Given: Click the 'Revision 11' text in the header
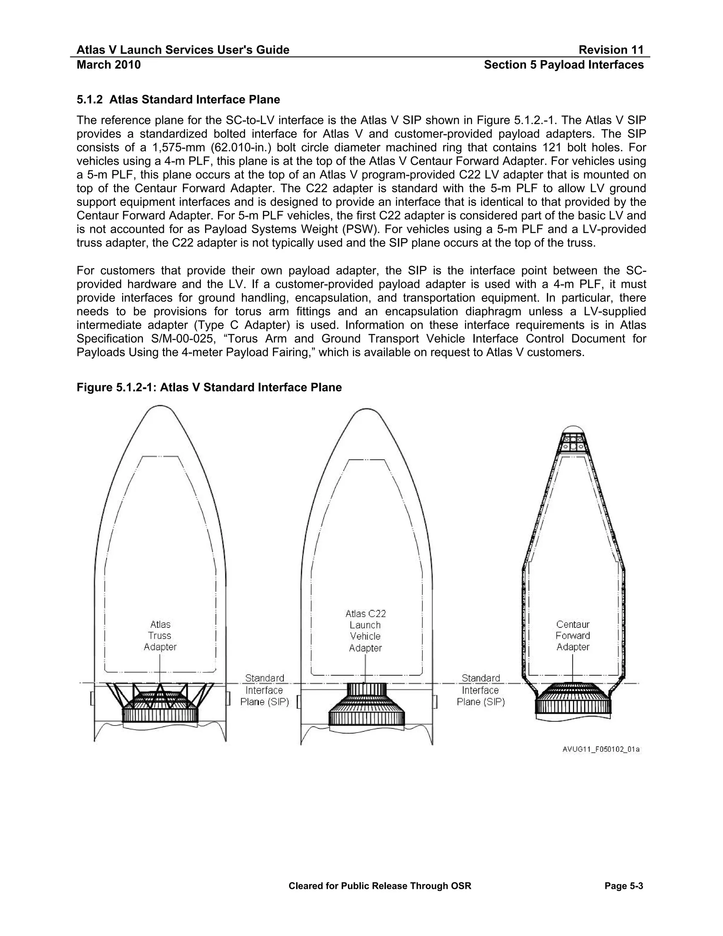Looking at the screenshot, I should coord(611,50).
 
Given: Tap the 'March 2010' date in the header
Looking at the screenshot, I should coord(108,65).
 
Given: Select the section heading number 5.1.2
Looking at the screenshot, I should coord(90,100).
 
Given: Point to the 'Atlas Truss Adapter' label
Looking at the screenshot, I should coord(160,635).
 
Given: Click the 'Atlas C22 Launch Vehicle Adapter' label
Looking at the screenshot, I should coord(365,630).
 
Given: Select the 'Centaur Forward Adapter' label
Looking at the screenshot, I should coord(573,635).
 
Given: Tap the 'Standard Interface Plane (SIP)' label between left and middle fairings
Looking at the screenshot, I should coord(264,690).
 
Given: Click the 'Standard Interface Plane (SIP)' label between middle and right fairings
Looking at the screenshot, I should coord(480,690).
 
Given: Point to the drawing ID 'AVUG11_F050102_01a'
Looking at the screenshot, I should coord(601,750).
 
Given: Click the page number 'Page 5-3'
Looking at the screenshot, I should coord(624,886).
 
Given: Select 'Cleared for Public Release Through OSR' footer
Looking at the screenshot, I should coord(380,886).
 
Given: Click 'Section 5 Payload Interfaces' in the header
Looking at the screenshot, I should coord(564,65).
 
